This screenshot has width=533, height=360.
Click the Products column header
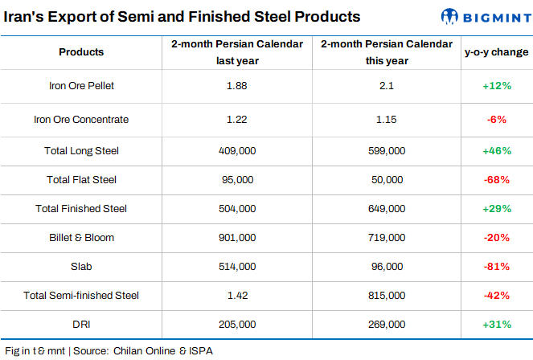81,52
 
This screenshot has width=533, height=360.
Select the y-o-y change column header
496,52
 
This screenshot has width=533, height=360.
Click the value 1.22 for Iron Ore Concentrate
236,120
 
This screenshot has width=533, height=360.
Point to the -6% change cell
496,120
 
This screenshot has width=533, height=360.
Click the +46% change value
496,150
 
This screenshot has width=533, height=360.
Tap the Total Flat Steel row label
81,179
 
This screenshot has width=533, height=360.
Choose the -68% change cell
496,179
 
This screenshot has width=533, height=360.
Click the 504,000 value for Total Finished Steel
236,208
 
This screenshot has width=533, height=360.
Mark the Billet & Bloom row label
81,237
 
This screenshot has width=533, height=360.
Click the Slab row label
81,266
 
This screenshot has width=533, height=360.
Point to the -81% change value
496,266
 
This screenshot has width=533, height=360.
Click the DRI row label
81,324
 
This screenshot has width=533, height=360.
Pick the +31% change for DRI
496,324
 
